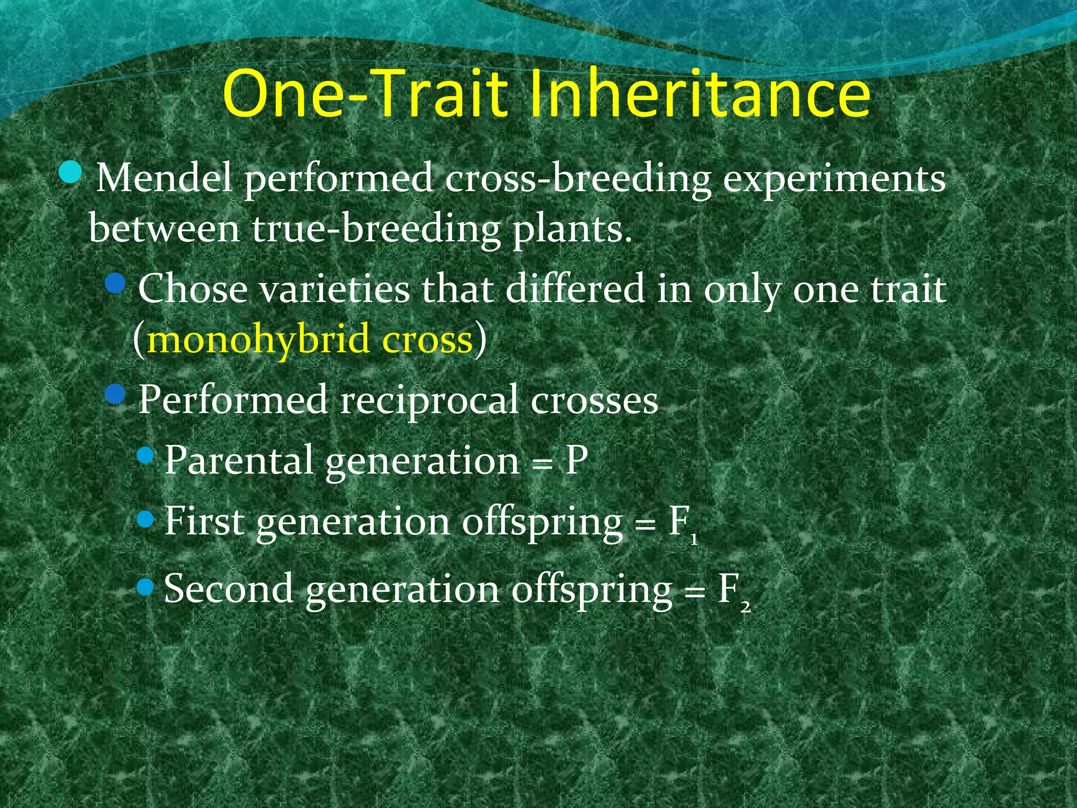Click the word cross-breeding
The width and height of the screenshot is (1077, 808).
[x=578, y=179]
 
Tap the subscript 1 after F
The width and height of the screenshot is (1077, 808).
[x=694, y=539]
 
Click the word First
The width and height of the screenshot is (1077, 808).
[x=204, y=521]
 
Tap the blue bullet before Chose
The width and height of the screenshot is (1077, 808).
[x=115, y=284]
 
